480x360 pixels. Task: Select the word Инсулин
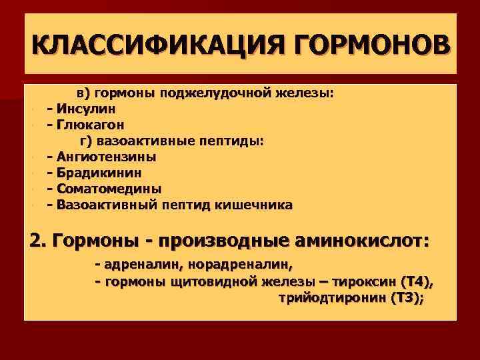[86, 108]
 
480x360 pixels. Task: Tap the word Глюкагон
[90, 124]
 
